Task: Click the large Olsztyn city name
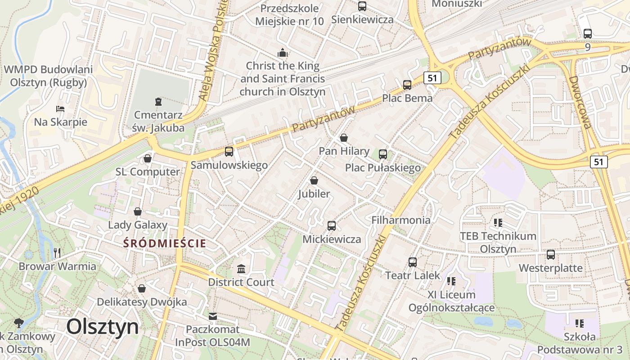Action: (x=103, y=327)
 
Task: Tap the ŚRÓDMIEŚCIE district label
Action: (x=165, y=243)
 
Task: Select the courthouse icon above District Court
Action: (x=241, y=269)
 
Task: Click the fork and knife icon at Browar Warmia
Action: (x=57, y=252)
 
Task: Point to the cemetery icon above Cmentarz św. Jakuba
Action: (x=158, y=102)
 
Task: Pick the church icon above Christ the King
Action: (x=283, y=53)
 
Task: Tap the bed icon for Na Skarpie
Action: (x=60, y=109)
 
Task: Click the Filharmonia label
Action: (x=401, y=220)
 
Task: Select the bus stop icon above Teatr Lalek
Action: (x=413, y=262)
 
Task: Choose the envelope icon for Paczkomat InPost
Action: (x=212, y=316)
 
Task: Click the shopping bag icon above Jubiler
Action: (x=314, y=180)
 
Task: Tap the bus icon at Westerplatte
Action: (x=551, y=255)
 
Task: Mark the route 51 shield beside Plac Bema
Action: (x=432, y=78)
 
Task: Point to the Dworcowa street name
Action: (x=580, y=102)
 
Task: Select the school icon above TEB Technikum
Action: (x=498, y=222)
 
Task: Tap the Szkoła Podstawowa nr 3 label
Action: (x=580, y=343)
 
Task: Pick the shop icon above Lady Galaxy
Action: (x=138, y=211)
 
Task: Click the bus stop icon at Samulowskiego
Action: (x=229, y=152)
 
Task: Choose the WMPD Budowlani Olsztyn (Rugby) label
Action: (x=48, y=76)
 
